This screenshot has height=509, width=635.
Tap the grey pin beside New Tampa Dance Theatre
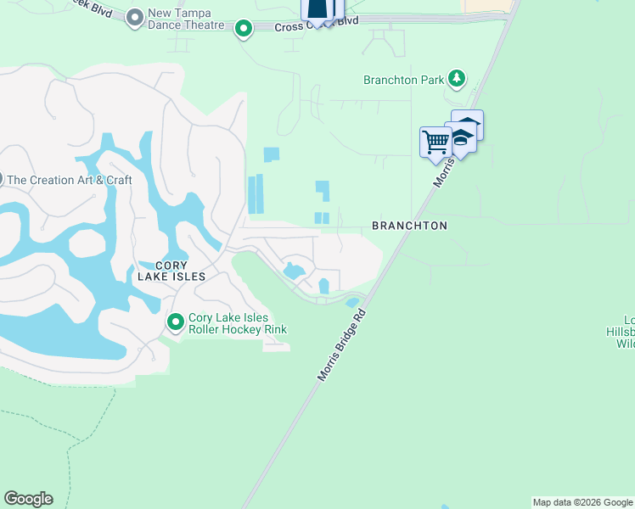coord(134,17)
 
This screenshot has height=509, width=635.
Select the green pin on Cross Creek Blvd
coord(244,30)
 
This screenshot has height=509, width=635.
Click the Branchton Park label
coord(404,81)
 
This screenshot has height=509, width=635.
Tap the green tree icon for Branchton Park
coord(458,79)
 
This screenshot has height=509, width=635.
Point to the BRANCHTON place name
coord(409,226)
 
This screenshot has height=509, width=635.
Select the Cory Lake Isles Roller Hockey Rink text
coord(238,323)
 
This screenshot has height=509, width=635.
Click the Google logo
coord(28,499)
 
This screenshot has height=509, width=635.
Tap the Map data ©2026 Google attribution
coord(582,502)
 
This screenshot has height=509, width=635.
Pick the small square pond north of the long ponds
coord(271,154)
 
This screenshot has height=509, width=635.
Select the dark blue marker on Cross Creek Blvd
coord(317,8)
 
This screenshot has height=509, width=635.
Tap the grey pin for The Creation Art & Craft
coord(1,179)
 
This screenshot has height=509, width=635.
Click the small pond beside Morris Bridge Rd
coord(352,303)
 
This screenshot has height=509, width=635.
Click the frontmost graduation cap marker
coord(460,137)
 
